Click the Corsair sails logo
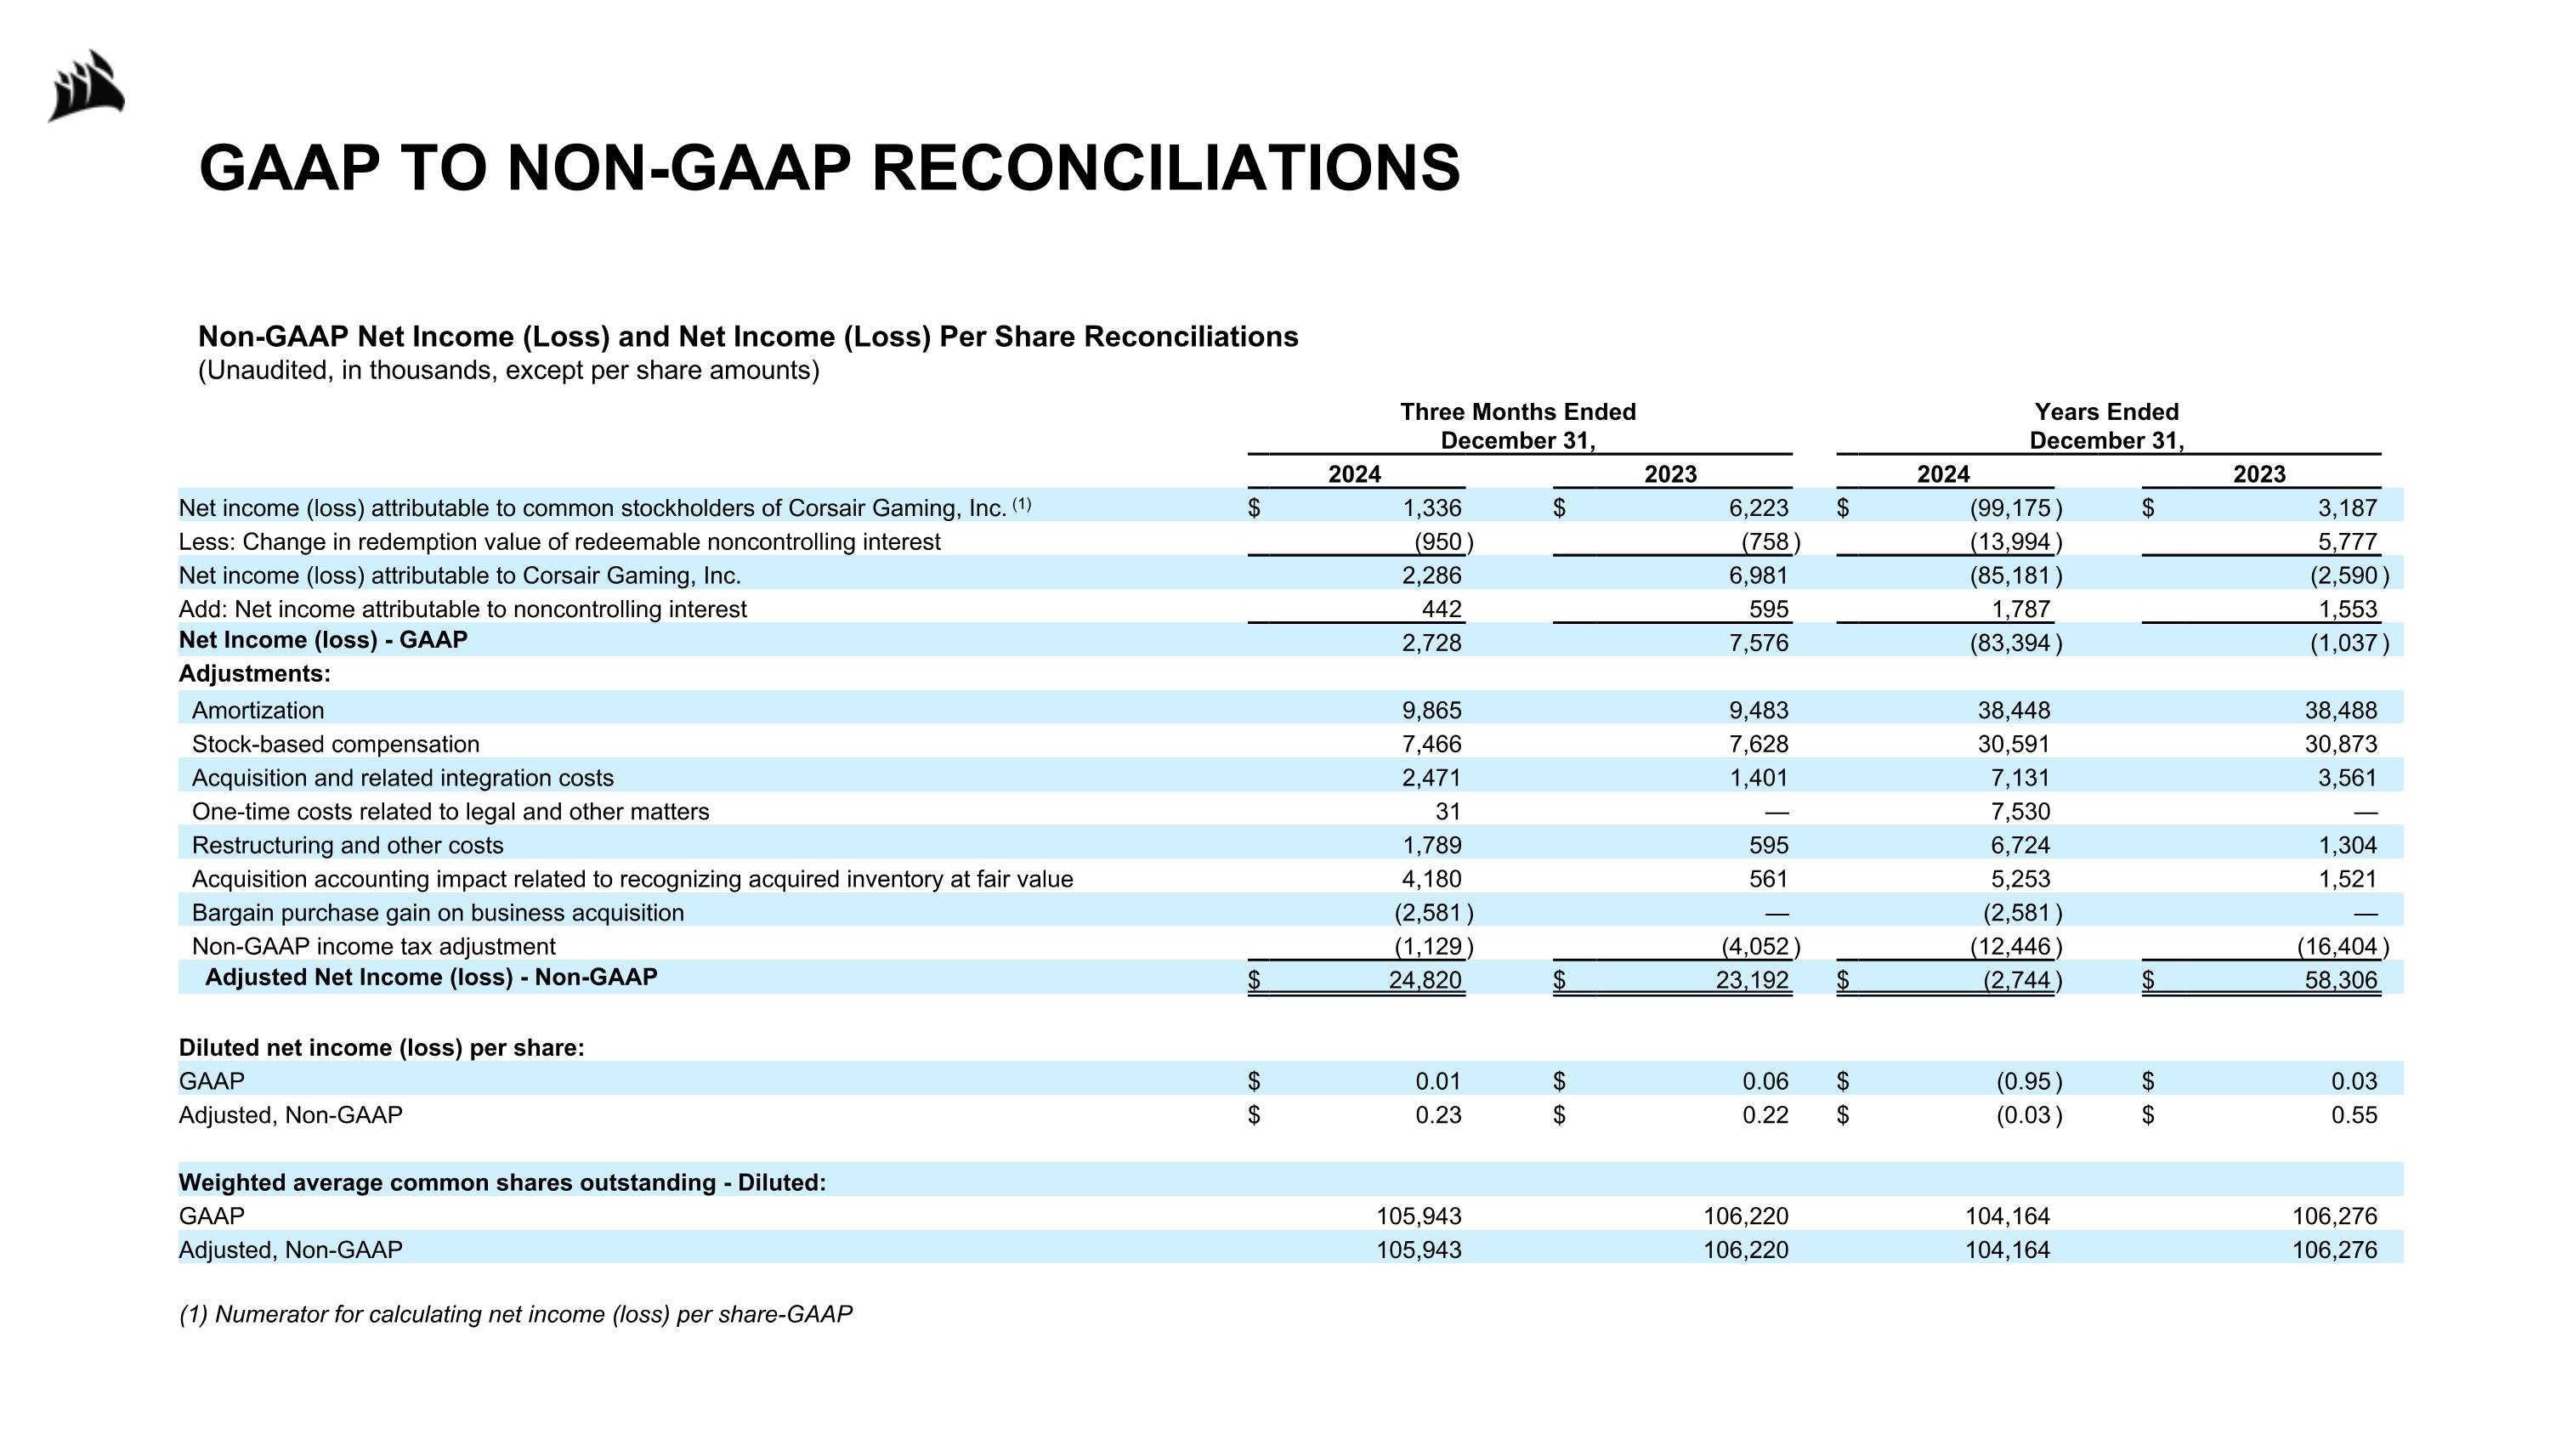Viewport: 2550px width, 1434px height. pyautogui.click(x=87, y=87)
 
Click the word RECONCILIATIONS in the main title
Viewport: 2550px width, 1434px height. pyautogui.click(x=1165, y=167)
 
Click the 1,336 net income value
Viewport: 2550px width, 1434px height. pyautogui.click(x=1431, y=507)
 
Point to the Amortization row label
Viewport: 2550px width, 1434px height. pyautogui.click(x=258, y=710)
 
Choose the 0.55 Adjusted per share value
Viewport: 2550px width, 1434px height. pyautogui.click(x=2353, y=1114)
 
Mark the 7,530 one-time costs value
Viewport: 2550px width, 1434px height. pyautogui.click(x=2020, y=812)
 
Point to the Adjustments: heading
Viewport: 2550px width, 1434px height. pyautogui.click(x=254, y=673)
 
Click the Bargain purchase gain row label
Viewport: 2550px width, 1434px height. pyautogui.click(x=438, y=912)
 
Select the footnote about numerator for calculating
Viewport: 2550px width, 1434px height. pyautogui.click(x=515, y=1313)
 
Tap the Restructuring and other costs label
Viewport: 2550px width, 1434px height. pyautogui.click(x=348, y=845)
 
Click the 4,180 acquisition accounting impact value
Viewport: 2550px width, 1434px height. pyautogui.click(x=1431, y=879)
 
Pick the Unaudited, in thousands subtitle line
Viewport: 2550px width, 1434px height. pyautogui.click(x=509, y=370)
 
